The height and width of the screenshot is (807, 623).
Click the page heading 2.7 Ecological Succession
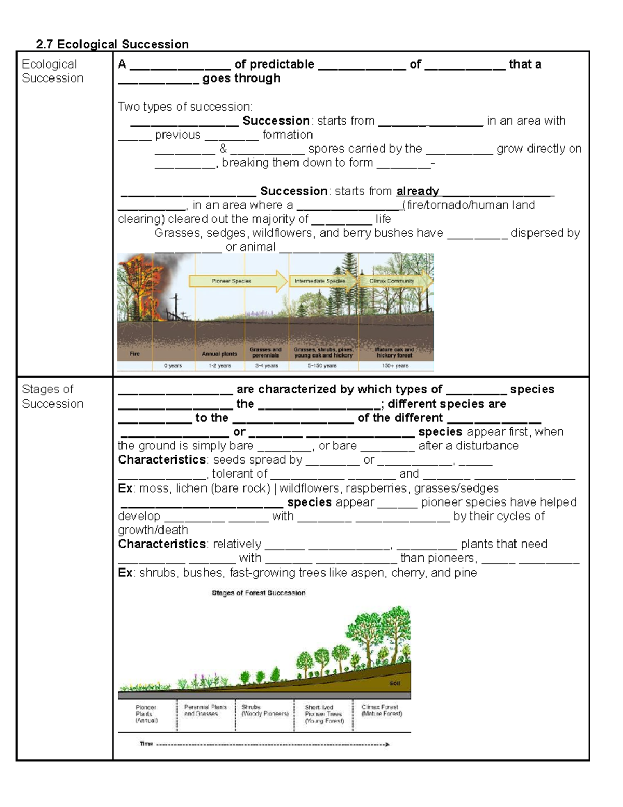(112, 44)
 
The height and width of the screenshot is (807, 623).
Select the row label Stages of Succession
(52, 396)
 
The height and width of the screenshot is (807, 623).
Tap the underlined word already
(417, 191)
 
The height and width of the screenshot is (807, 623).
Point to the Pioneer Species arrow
(237, 281)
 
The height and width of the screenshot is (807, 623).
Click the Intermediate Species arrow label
(320, 281)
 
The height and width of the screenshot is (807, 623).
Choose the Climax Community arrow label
(392, 281)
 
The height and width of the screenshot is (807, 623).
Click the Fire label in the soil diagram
(134, 354)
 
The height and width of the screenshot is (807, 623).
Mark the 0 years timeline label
(173, 366)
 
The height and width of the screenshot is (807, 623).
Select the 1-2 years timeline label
(220, 366)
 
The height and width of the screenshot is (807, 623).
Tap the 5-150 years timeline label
(322, 366)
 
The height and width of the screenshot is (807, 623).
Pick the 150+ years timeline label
(395, 366)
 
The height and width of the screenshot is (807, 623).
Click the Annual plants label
(219, 354)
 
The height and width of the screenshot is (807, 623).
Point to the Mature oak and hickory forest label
(395, 352)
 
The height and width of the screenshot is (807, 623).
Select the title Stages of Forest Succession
(259, 593)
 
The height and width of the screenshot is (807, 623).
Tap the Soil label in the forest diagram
(395, 683)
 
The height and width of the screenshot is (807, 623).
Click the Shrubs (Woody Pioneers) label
(265, 710)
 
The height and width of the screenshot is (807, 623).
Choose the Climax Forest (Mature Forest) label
(382, 710)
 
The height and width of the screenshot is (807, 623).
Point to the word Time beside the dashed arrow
(146, 744)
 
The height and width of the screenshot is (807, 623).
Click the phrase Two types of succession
(185, 107)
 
